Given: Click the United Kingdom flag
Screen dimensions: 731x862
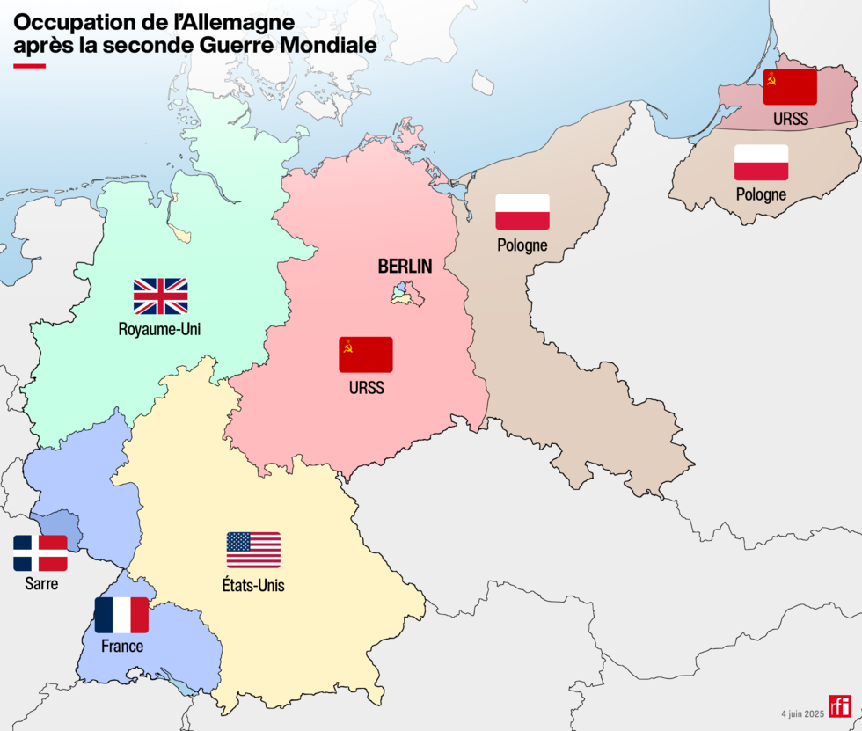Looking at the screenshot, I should click(160, 296).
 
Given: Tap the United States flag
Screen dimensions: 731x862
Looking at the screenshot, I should click(253, 550).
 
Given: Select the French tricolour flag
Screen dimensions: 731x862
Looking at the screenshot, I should click(121, 615).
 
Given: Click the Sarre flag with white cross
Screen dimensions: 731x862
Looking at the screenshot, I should click(40, 553).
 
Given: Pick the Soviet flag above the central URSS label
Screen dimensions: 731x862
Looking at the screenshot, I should click(366, 355).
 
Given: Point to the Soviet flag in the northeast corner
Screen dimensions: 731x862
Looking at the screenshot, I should click(790, 87).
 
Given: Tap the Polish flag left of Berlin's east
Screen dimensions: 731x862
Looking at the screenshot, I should click(522, 212).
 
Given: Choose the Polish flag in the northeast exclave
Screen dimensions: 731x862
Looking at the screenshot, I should click(761, 163).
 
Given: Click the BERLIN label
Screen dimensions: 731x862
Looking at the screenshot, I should click(405, 266).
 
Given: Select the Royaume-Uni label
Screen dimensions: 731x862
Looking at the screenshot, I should click(160, 330).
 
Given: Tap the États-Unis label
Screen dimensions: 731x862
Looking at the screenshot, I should click(253, 585).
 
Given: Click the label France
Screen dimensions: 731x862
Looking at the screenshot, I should click(121, 647).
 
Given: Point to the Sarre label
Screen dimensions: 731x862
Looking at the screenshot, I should click(40, 583).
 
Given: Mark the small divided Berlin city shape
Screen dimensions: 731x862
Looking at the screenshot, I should click(407, 294).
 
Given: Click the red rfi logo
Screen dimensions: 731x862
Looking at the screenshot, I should click(840, 706).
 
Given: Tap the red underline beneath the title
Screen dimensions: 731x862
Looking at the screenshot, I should click(29, 65).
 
